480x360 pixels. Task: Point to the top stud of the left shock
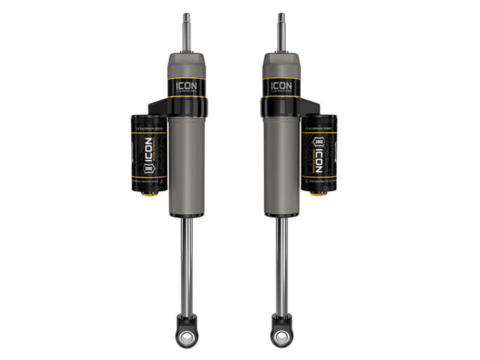184,30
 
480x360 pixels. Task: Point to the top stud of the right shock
281,30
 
